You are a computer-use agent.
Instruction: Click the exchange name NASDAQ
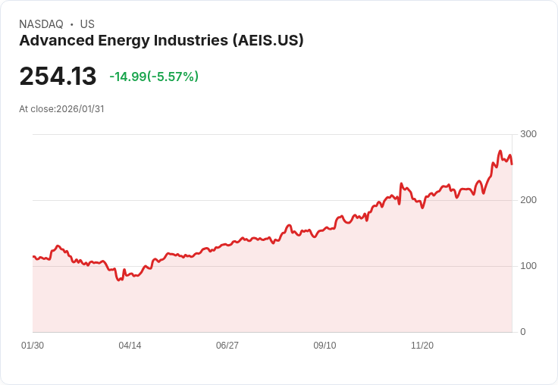[x=41, y=24]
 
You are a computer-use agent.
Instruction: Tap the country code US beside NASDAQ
[x=87, y=24]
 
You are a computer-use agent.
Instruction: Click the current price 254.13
[x=58, y=77]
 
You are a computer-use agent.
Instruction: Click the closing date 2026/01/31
[x=80, y=109]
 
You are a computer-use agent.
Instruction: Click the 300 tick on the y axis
[x=528, y=134]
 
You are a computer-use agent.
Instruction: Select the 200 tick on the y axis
[x=528, y=200]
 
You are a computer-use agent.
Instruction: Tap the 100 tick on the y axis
[x=528, y=266]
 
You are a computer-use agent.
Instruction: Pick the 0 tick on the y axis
[x=523, y=332]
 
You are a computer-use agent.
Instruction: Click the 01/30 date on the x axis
[x=33, y=346]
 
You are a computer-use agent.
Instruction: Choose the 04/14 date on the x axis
[x=130, y=346]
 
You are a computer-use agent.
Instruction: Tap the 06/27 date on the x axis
[x=227, y=346]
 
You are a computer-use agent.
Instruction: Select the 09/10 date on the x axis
[x=324, y=346]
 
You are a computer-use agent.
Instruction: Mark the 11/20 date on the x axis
[x=422, y=346]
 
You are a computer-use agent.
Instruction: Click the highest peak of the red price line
[x=500, y=151]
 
